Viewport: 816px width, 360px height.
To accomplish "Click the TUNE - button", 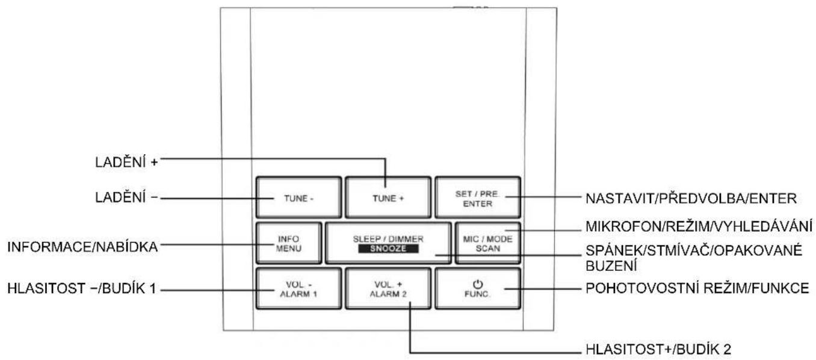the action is click(298, 197).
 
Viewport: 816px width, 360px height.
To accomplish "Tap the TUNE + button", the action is click(388, 197).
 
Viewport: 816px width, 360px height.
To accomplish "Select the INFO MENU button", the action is click(289, 243).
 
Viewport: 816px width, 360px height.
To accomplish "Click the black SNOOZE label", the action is click(388, 249).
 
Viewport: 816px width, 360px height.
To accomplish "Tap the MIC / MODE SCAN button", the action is click(488, 243).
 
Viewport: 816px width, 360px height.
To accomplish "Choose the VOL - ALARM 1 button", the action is click(298, 288).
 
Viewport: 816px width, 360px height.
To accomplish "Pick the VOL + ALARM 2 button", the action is click(388, 288).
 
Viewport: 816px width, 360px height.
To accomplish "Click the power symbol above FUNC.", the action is click(478, 284).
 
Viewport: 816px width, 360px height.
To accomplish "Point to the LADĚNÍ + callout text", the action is click(126, 162).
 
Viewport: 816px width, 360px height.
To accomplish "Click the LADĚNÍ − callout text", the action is click(126, 197).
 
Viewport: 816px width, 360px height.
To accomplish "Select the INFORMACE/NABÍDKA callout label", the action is click(82, 247).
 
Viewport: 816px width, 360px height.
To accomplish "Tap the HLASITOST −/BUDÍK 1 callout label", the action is click(82, 288).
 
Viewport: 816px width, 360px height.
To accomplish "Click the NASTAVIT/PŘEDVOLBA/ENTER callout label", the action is click(691, 198).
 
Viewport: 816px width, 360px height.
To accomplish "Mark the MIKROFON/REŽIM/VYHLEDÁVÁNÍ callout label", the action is click(699, 226).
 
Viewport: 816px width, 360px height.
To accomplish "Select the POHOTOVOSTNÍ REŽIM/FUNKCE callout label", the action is click(697, 288).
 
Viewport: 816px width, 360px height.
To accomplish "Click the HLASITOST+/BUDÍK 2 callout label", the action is click(658, 349).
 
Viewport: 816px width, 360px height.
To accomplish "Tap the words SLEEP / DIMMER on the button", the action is click(388, 239).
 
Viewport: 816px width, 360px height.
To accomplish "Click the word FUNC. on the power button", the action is click(478, 294).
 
